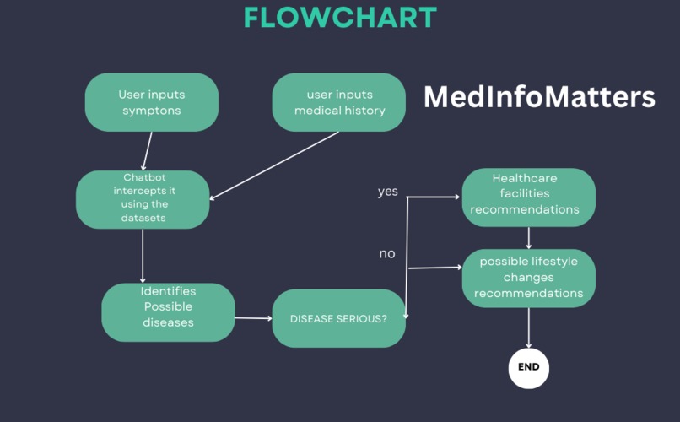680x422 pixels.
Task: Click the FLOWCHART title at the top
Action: pos(340,18)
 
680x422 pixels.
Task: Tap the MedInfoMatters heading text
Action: pos(538,97)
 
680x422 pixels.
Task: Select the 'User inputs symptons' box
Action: pos(152,102)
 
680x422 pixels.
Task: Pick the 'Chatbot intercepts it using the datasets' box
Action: pos(143,199)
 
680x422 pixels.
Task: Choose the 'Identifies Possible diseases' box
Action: pos(168,311)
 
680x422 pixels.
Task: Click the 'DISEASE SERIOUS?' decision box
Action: pos(338,318)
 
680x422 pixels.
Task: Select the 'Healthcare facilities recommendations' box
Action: pos(528,197)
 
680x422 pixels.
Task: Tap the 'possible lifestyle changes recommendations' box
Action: pos(528,278)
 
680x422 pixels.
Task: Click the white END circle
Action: pos(529,368)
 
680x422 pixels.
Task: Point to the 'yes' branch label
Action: pos(387,192)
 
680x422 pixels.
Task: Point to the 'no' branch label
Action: pos(386,253)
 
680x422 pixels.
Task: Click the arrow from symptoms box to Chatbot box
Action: pos(147,151)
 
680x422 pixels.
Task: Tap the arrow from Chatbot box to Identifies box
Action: pos(143,255)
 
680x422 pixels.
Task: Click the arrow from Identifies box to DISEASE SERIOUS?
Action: pos(253,318)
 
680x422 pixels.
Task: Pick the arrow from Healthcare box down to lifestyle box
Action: pos(529,237)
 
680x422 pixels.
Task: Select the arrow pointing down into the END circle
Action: pos(529,327)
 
